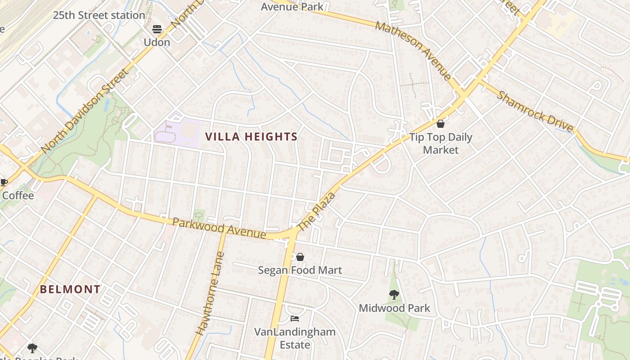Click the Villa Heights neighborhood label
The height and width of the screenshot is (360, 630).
coord(251,137)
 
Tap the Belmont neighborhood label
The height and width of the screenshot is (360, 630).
coord(70,289)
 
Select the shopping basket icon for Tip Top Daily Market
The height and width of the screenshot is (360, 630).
coord(441,124)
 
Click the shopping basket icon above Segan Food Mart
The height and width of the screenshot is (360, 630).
coord(300,257)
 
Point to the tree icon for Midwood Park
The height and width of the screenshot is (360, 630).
coord(394,295)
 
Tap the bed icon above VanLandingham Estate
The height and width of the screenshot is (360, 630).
coord(295,319)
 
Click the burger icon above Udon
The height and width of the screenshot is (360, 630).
coord(157,29)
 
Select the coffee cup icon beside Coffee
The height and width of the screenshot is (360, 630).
coord(4,182)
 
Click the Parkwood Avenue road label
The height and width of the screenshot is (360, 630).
coord(219,228)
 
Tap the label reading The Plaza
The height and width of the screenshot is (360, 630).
coord(317,212)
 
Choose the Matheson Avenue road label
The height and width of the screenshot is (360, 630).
coord(413,51)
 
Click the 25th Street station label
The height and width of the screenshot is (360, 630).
coord(99,15)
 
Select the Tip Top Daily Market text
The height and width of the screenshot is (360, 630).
coord(441,144)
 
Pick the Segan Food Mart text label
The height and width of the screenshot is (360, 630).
coord(300,270)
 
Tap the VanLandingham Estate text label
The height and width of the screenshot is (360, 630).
coord(295,338)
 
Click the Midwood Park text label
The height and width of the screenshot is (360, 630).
coord(394,308)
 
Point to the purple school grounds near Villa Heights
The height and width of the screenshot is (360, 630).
coord(177,133)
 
